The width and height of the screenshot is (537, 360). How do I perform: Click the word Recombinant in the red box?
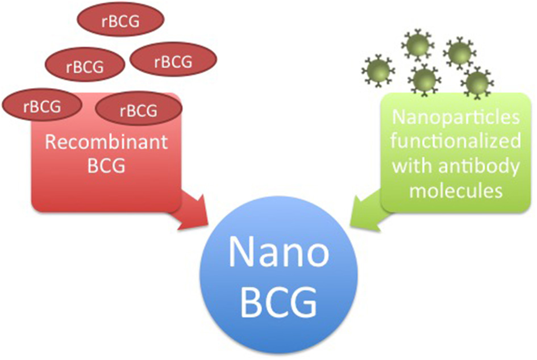point(106,141)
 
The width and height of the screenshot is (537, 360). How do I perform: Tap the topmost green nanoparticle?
point(414,45)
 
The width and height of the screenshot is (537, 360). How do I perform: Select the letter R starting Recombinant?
point(51,142)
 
